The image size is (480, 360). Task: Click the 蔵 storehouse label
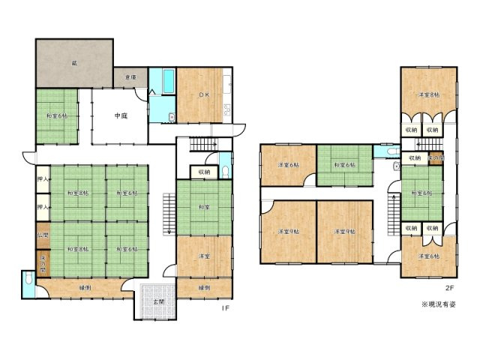pyautogui.click(x=74, y=64)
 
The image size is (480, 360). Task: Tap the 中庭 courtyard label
pyautogui.click(x=121, y=115)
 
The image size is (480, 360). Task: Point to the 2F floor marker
pyautogui.click(x=448, y=286)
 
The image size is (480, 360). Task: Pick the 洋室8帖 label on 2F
pyautogui.click(x=428, y=94)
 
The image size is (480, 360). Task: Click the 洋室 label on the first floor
pyautogui.click(x=203, y=256)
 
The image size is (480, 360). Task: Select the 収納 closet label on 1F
pyautogui.click(x=204, y=172)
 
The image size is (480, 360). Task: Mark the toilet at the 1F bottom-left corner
pyautogui.click(x=27, y=282)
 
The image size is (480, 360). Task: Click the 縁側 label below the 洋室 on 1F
pyautogui.click(x=204, y=287)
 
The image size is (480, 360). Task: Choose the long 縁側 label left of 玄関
pyautogui.click(x=84, y=287)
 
